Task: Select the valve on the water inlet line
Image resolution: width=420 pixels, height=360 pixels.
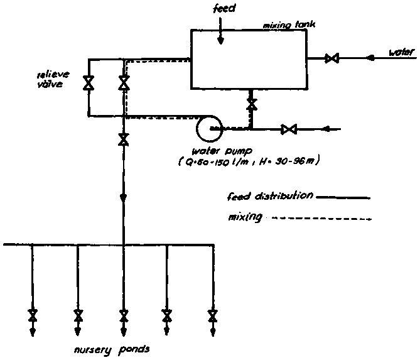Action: [332, 59]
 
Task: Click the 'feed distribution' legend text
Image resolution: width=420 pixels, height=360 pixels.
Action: [269, 196]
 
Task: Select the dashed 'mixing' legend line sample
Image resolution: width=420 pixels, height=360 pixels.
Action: [320, 219]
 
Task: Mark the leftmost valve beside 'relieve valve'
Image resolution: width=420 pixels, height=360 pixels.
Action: [89, 82]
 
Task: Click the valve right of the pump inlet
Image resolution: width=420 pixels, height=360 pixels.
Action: [289, 130]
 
